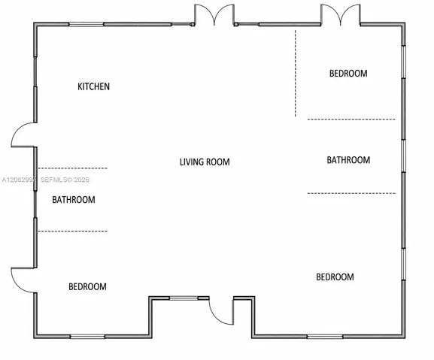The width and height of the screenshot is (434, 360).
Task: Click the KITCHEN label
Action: (x=93, y=86)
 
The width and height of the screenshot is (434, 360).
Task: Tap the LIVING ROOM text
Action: (x=205, y=162)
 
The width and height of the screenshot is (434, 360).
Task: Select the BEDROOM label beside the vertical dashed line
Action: (x=348, y=73)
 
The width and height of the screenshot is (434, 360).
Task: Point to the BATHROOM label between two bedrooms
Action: (x=348, y=160)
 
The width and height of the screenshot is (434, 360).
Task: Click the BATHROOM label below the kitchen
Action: (x=74, y=200)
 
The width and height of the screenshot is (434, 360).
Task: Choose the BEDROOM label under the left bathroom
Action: (x=87, y=286)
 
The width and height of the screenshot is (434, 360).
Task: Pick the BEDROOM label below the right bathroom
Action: (x=335, y=277)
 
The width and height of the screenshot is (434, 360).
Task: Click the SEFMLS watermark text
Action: (x=65, y=180)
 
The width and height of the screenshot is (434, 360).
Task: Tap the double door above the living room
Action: (x=214, y=14)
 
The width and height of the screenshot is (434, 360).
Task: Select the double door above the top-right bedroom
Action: (x=341, y=14)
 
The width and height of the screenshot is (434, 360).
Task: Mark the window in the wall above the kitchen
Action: (x=86, y=25)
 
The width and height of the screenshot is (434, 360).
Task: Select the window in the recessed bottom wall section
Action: (x=184, y=298)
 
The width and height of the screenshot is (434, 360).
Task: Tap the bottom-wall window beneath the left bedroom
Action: (x=87, y=337)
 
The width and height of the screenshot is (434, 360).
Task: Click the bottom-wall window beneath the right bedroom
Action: (x=325, y=337)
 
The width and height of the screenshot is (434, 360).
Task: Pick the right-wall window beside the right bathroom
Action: (x=404, y=156)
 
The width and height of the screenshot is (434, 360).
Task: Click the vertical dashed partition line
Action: (x=296, y=73)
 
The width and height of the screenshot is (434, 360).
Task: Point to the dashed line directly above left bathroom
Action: (x=72, y=168)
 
